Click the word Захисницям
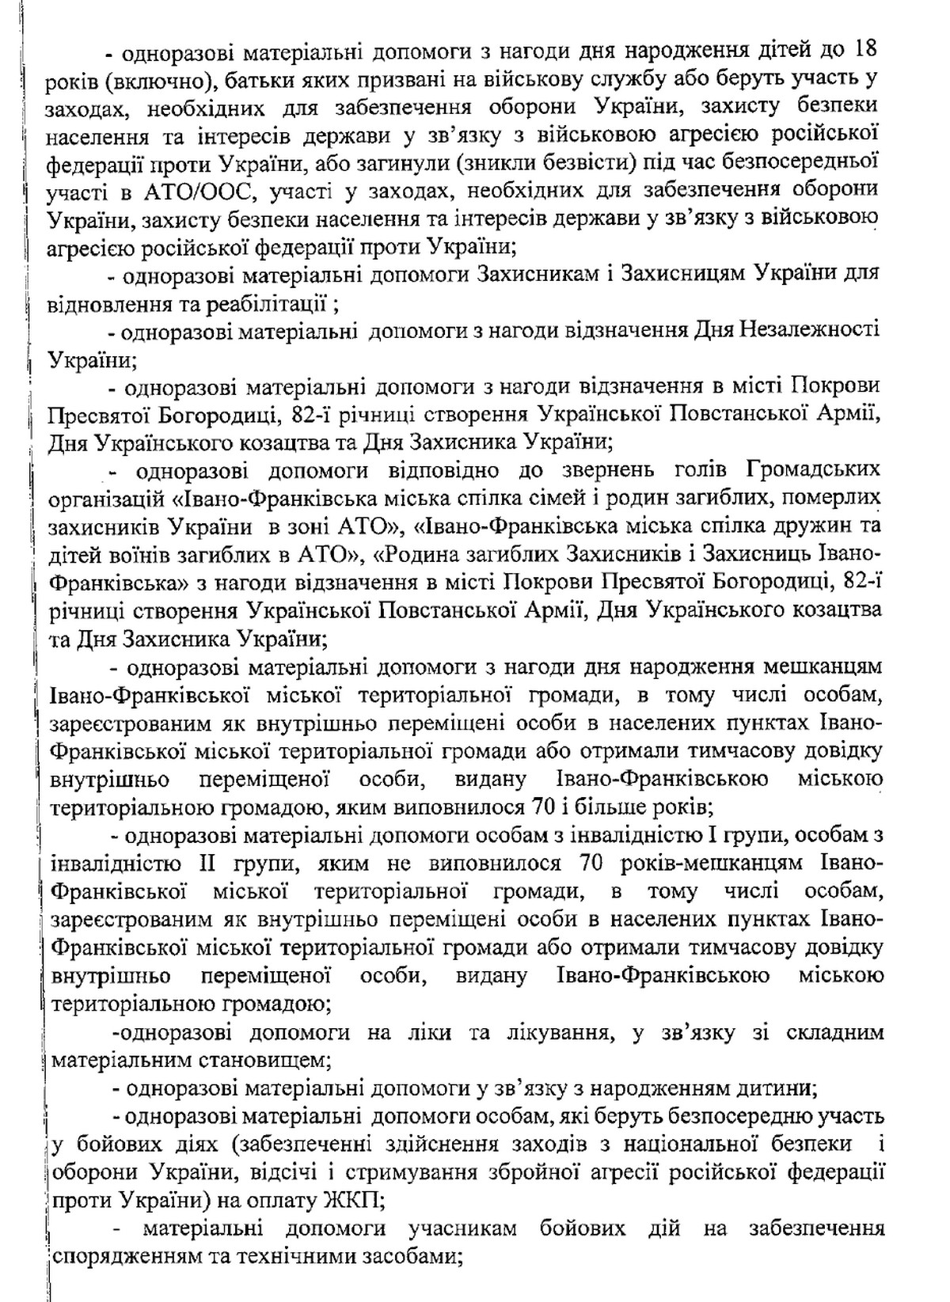click(678, 274)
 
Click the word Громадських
click(814, 469)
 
